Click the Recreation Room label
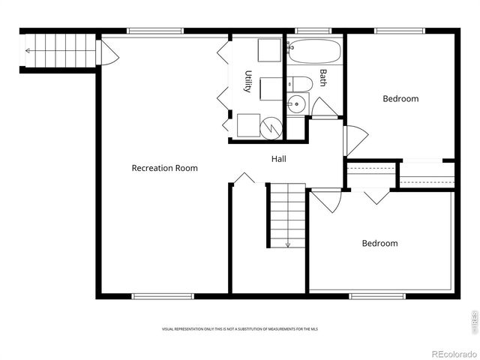pyautogui.click(x=164, y=168)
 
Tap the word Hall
pyautogui.click(x=278, y=159)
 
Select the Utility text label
pyautogui.click(x=247, y=81)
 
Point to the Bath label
pyautogui.click(x=323, y=77)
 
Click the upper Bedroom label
pyautogui.click(x=400, y=99)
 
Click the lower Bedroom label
pyautogui.click(x=379, y=243)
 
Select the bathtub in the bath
pyautogui.click(x=314, y=52)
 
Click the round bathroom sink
pyautogui.click(x=297, y=104)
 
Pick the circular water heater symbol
pyautogui.click(x=271, y=127)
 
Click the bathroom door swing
pyautogui.click(x=323, y=109)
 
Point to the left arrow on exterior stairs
pyautogui.click(x=29, y=51)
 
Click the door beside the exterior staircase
pyautogui.click(x=108, y=52)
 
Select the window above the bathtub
pyautogui.click(x=308, y=31)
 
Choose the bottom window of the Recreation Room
pyautogui.click(x=163, y=296)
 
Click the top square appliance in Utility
pyautogui.click(x=268, y=51)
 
